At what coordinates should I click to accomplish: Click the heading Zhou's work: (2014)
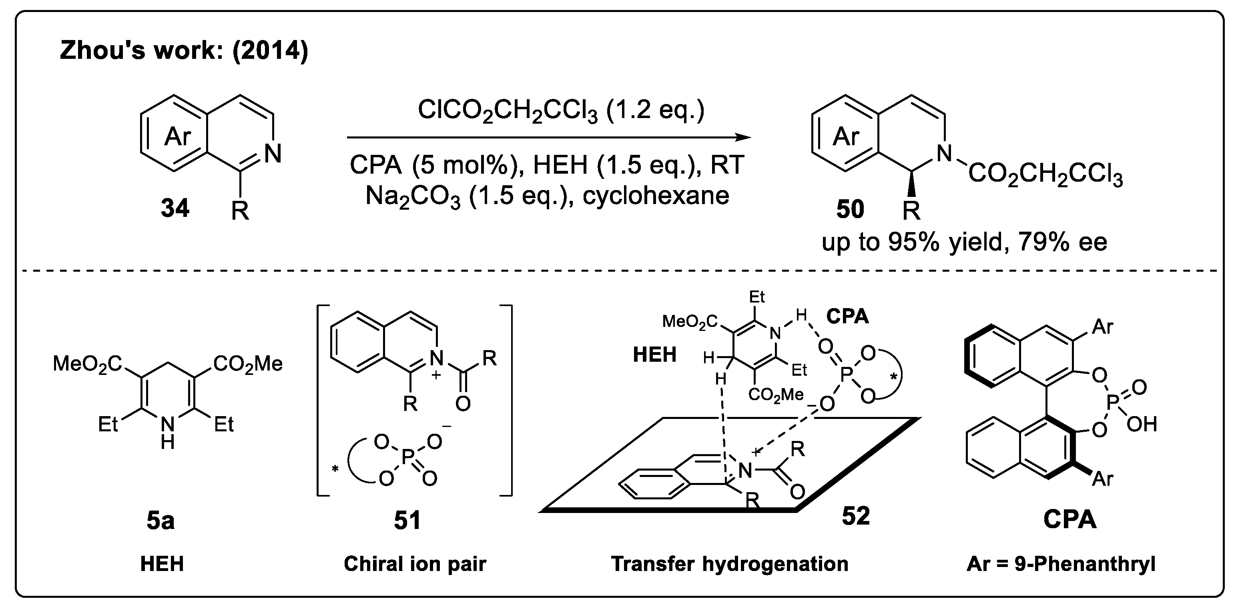click(184, 51)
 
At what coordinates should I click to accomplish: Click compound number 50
click(850, 210)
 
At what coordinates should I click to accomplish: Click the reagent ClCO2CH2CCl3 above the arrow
click(560, 110)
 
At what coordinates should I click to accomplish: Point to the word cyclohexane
click(656, 196)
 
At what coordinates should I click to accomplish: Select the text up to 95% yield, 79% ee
click(965, 242)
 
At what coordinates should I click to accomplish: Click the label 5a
click(160, 521)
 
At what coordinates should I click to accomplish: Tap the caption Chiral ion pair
click(415, 564)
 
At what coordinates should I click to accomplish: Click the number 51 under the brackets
click(407, 521)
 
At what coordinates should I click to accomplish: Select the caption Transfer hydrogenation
click(729, 564)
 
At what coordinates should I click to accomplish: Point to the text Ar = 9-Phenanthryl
click(1061, 564)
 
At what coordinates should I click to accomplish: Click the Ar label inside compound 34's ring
click(178, 137)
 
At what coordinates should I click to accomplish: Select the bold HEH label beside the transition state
click(654, 355)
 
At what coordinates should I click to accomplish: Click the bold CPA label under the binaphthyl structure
click(1069, 519)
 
